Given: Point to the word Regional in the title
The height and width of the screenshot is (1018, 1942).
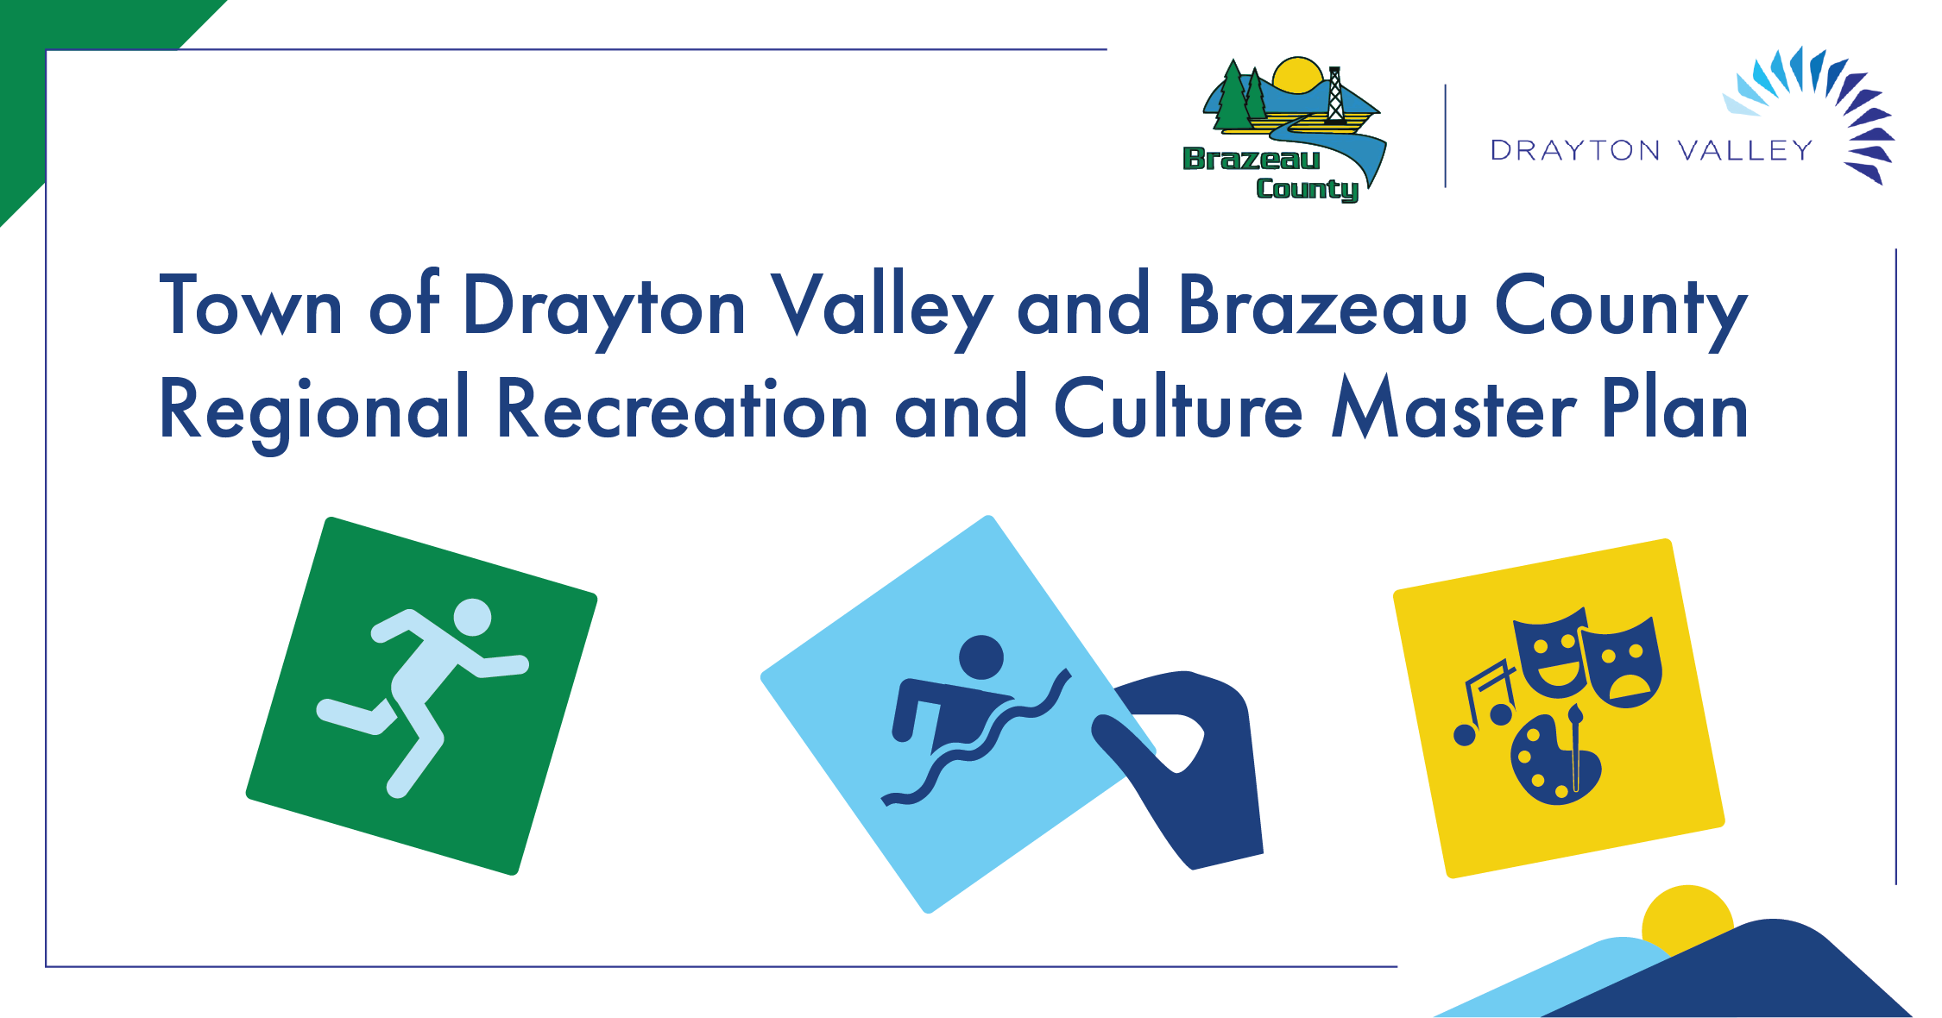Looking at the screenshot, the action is pos(314,412).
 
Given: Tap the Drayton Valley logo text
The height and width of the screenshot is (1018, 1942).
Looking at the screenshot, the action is pos(1650,150).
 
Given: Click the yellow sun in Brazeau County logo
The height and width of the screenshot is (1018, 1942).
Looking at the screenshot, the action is pos(1297,74).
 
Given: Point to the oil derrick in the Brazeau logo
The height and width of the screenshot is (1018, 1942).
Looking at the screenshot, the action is pos(1335,95).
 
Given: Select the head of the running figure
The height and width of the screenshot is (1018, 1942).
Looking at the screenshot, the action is pos(472,617).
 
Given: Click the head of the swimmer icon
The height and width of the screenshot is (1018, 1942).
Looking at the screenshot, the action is pos(981,657).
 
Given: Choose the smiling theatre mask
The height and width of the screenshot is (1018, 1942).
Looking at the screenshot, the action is pos(1551,652).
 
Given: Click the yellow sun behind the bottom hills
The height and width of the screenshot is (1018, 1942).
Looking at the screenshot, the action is pos(1687,918).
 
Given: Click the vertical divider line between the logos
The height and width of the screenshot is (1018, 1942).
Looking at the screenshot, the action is pos(1446,135).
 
